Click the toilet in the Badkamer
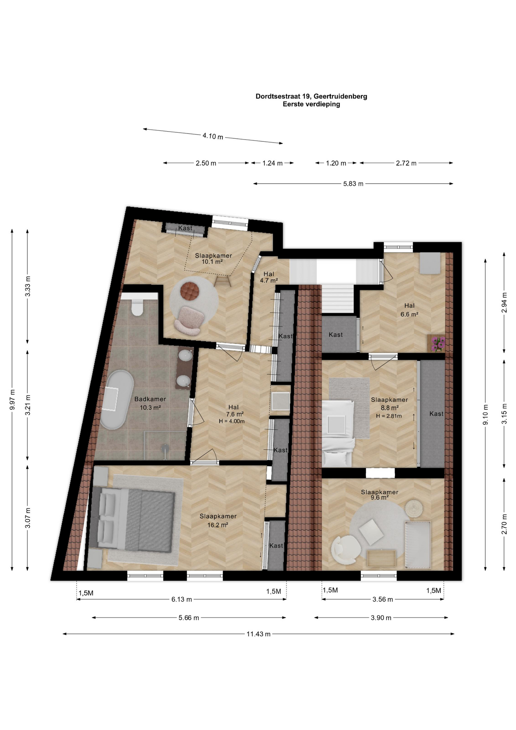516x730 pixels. [137, 307]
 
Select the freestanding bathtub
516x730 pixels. [117, 400]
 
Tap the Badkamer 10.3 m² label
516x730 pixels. [150, 403]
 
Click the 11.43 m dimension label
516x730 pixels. [258, 634]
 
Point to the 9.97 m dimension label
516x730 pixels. [13, 400]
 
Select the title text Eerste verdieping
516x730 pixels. [311, 104]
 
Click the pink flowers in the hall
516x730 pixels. [437, 343]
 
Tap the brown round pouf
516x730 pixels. [190, 291]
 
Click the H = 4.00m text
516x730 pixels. [231, 421]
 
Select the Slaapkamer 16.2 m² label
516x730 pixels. [218, 521]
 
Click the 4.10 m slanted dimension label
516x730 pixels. [213, 136]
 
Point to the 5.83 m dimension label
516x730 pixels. [353, 184]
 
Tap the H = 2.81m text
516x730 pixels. [389, 416]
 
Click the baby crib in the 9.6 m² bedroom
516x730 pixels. [418, 545]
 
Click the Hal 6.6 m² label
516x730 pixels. [409, 310]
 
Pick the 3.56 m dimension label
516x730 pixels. [382, 599]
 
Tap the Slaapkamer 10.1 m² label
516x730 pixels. [213, 259]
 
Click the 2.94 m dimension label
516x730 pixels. [504, 302]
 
